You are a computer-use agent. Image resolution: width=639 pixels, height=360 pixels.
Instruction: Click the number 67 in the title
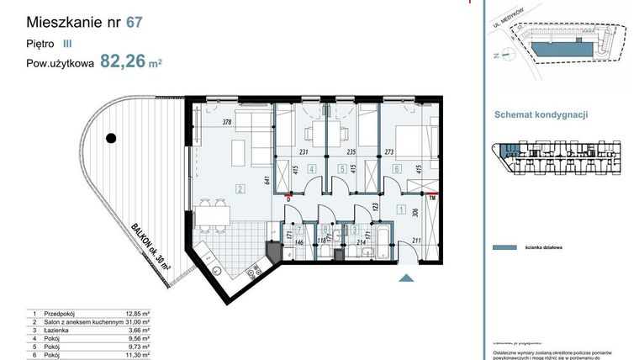[134, 24]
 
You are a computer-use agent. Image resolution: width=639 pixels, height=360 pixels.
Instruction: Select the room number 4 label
[311, 169]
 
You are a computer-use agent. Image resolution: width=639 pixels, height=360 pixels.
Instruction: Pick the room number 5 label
[342, 169]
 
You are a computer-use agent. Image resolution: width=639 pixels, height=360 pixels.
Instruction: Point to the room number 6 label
[397, 169]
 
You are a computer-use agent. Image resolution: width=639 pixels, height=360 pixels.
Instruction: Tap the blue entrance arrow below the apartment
[406, 278]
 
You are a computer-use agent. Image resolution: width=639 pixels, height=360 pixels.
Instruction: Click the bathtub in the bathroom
[378, 241]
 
